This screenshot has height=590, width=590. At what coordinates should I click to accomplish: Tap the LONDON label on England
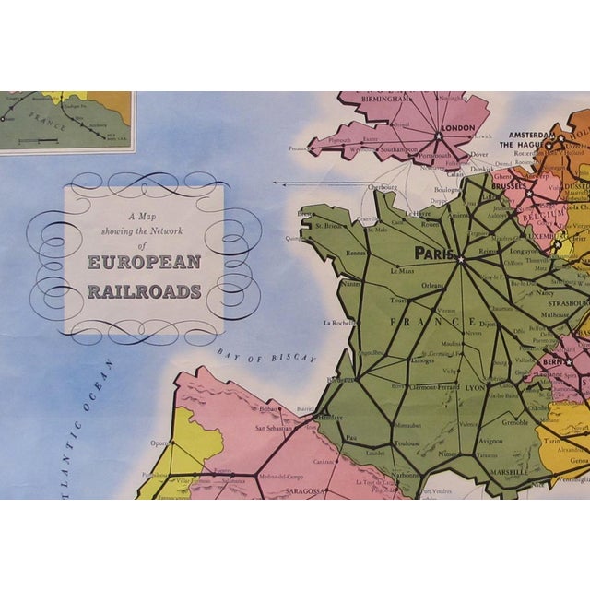[457, 128]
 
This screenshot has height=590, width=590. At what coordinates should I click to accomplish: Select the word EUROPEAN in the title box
[144, 262]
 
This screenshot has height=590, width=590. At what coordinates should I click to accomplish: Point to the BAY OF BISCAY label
[267, 355]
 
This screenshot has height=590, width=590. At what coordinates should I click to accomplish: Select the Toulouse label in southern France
[407, 442]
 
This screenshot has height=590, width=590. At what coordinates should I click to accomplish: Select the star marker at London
[439, 136]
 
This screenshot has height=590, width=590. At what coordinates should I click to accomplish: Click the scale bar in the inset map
[38, 141]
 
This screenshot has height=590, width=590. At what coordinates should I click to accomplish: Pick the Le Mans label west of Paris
[404, 271]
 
